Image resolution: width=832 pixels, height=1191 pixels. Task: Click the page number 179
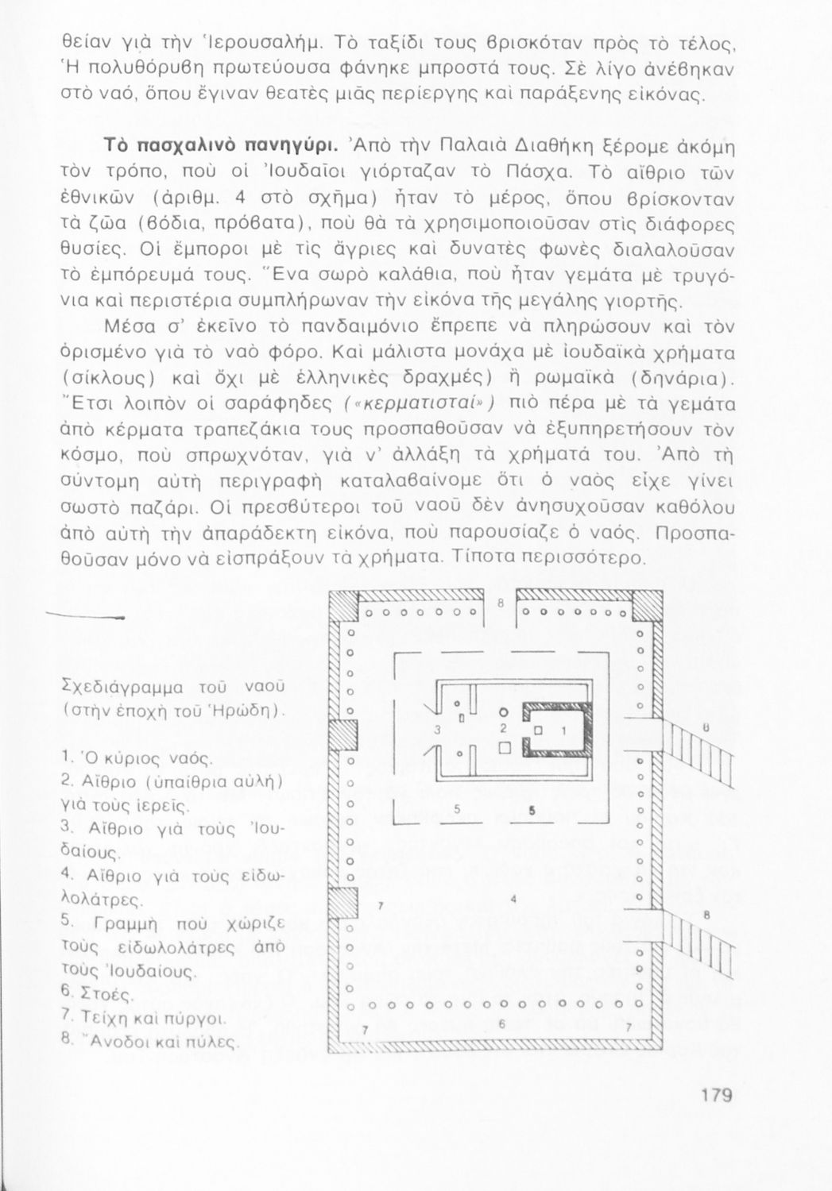click(x=716, y=1096)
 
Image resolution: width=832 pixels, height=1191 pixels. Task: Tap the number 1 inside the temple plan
click(x=563, y=728)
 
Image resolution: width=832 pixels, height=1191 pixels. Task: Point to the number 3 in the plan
click(x=437, y=729)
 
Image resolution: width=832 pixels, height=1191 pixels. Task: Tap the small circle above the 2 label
click(x=503, y=711)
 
